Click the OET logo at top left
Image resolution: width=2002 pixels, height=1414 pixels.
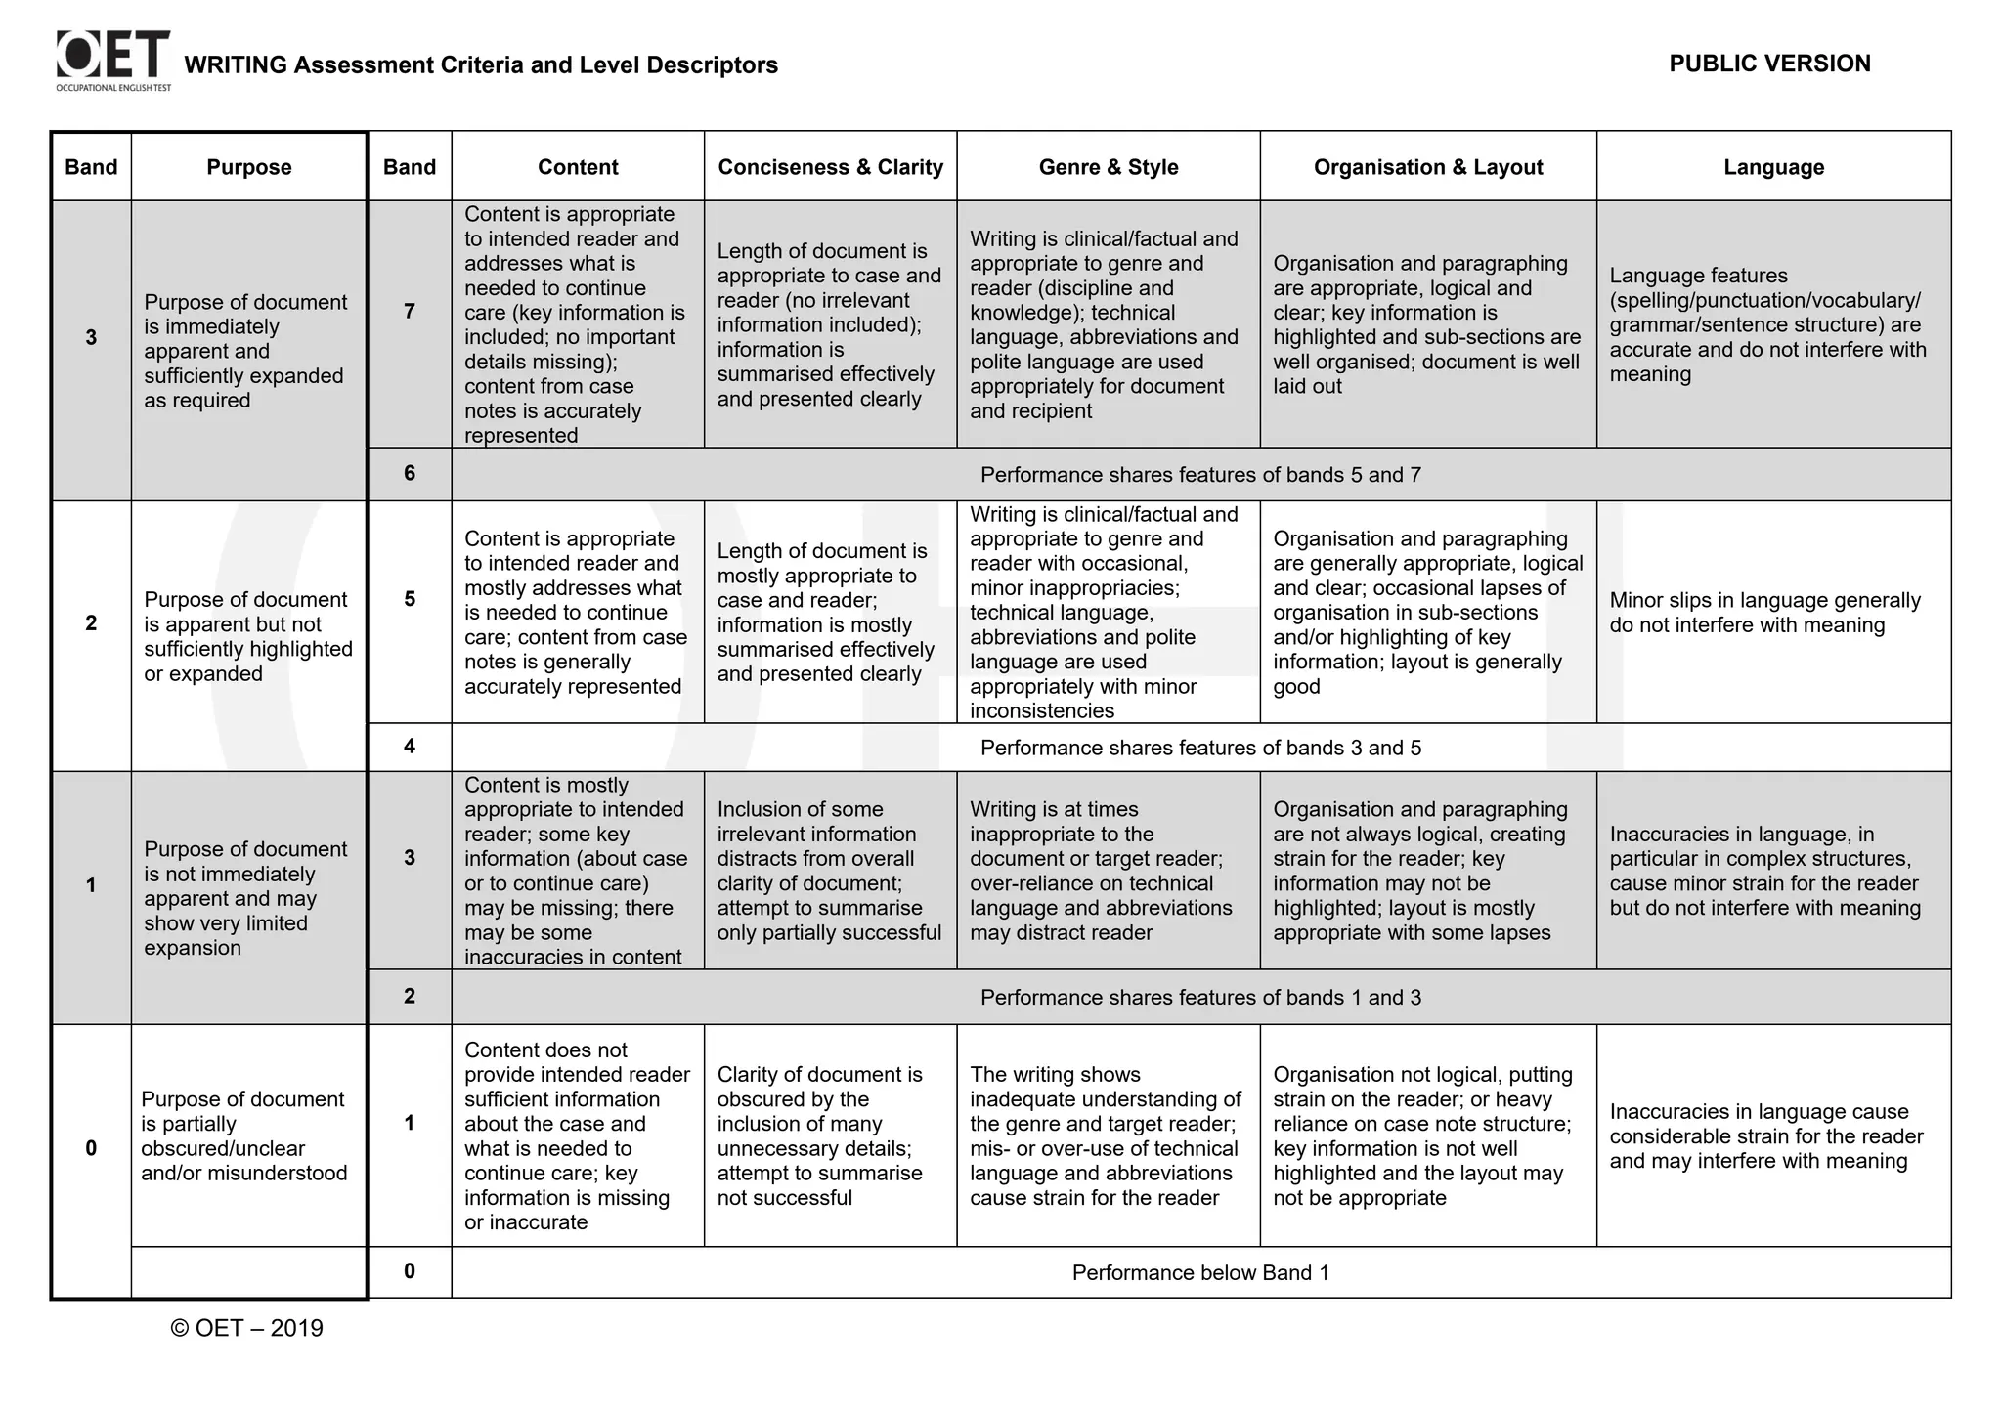(x=113, y=59)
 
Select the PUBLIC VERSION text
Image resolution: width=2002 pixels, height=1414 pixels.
(x=1769, y=64)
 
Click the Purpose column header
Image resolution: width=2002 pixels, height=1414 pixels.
(x=248, y=167)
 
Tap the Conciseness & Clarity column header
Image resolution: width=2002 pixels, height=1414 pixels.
(x=830, y=167)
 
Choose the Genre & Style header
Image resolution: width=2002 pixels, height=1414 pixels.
(x=1108, y=167)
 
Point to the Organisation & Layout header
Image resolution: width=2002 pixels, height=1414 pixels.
(x=1427, y=167)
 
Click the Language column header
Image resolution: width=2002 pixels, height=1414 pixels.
(x=1773, y=167)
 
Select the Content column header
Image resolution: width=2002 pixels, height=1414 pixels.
(x=578, y=167)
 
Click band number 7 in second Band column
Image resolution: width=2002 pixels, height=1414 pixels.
(x=410, y=311)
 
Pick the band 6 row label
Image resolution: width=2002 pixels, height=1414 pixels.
(x=410, y=474)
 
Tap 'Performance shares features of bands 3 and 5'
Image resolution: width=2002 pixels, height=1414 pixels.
(x=1200, y=748)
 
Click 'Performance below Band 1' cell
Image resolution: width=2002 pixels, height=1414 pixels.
(x=1200, y=1272)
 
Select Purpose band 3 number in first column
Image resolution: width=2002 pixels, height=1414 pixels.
(x=91, y=338)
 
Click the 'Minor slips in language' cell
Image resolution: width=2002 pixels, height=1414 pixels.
(x=1764, y=613)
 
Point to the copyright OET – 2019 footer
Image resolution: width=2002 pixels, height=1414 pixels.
(x=246, y=1328)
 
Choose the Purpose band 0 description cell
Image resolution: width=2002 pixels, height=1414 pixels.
(x=244, y=1135)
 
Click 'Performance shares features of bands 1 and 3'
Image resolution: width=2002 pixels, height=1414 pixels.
(x=1200, y=997)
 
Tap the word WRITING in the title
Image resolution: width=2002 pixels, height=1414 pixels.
(x=236, y=65)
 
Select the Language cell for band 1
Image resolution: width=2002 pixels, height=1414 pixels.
(x=1765, y=1135)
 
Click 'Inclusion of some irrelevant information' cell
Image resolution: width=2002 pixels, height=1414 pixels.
(x=829, y=871)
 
